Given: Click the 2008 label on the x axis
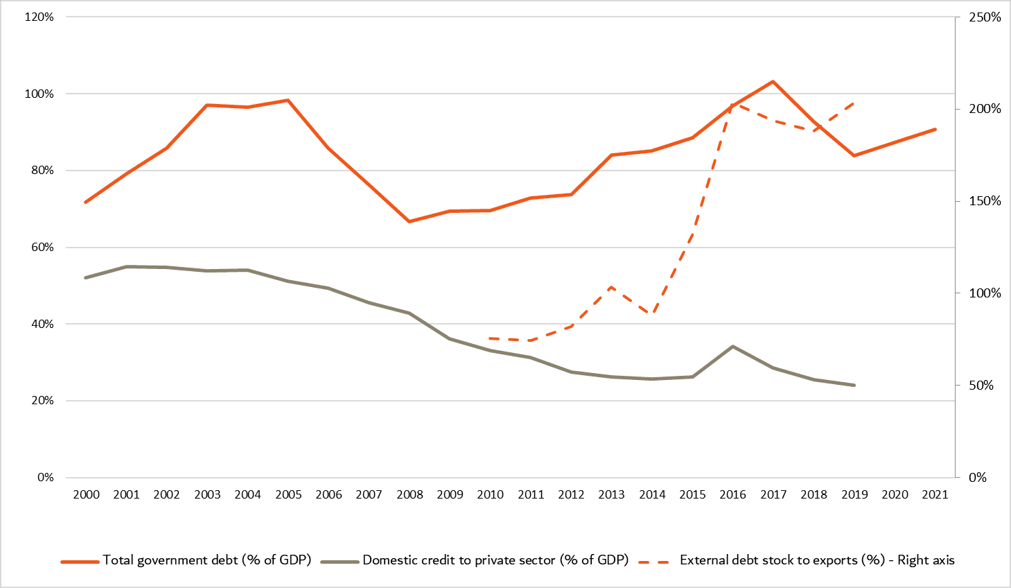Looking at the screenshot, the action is (410, 494).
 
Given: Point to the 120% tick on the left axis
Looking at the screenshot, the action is (39, 17).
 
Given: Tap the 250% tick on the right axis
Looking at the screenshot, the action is (985, 17).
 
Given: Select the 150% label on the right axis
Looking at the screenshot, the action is (985, 201).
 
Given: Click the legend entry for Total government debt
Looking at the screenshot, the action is (186, 560).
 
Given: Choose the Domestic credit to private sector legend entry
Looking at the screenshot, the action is (475, 560).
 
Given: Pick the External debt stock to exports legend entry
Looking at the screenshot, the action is (797, 560).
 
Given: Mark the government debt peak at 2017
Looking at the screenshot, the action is (773, 82).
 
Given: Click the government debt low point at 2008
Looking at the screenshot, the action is (410, 221).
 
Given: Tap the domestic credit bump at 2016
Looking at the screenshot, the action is (732, 347).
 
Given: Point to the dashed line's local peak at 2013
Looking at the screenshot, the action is (612, 287).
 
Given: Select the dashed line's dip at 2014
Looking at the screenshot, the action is (652, 313).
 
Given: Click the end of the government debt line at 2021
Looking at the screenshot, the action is (935, 129).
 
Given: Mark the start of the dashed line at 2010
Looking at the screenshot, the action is (490, 338).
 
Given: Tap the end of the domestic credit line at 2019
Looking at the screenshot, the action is (854, 386).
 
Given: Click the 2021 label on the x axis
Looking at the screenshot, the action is (935, 494).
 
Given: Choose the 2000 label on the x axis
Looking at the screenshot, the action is (86, 494).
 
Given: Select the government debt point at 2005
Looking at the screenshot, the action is (288, 101).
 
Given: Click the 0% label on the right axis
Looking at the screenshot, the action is (978, 477).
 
